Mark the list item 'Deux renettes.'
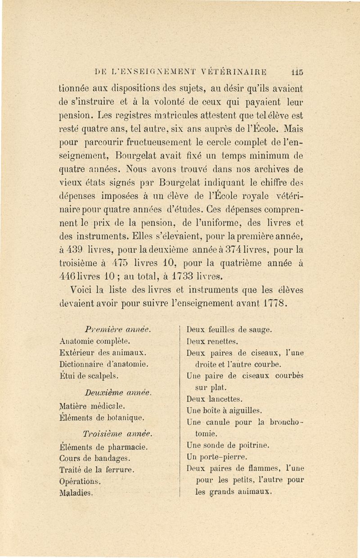point(211,341)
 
